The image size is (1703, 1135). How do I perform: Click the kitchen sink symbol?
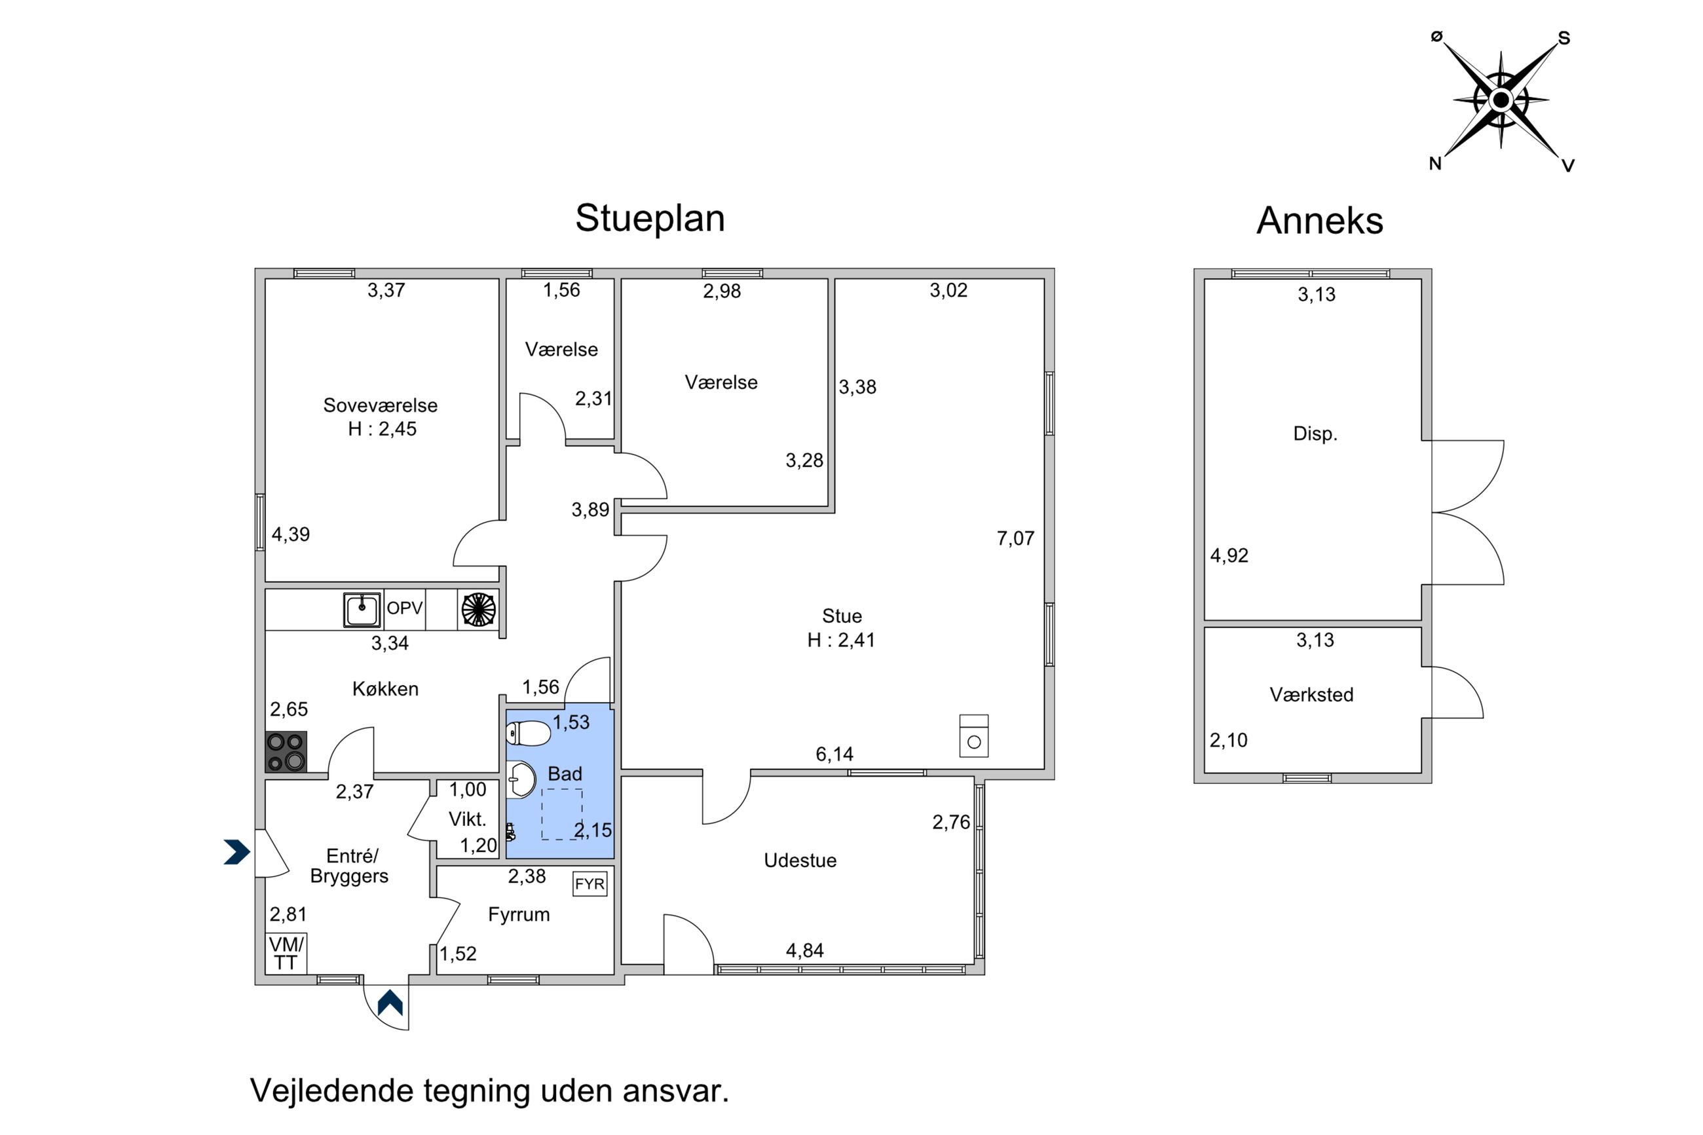(361, 610)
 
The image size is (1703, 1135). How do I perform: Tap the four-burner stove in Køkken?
(286, 751)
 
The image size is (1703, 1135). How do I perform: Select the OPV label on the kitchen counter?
(404, 608)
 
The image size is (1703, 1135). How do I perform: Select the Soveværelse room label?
(380, 405)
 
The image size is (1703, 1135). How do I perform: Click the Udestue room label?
(800, 861)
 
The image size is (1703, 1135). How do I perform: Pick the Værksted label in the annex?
(1311, 695)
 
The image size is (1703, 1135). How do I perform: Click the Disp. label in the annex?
(1315, 434)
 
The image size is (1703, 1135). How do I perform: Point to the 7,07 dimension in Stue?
(1015, 538)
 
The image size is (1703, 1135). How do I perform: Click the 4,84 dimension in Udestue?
(805, 950)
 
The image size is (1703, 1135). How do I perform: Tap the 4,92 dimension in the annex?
(1229, 556)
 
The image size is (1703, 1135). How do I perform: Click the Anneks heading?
(1319, 221)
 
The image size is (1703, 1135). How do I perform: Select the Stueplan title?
(650, 219)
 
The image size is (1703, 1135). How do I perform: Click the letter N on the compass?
(1435, 164)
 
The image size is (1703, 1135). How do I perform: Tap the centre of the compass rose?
(1501, 99)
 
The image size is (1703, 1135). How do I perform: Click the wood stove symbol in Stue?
(973, 736)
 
